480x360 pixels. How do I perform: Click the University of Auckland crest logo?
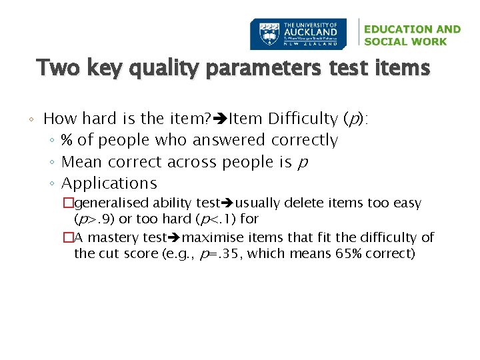(266, 34)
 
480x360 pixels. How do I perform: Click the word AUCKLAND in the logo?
(311, 31)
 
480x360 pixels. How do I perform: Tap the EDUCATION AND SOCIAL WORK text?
(412, 35)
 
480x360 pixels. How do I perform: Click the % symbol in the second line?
(67, 140)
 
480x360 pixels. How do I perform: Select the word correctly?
(305, 140)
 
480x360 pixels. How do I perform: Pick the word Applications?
(109, 183)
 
